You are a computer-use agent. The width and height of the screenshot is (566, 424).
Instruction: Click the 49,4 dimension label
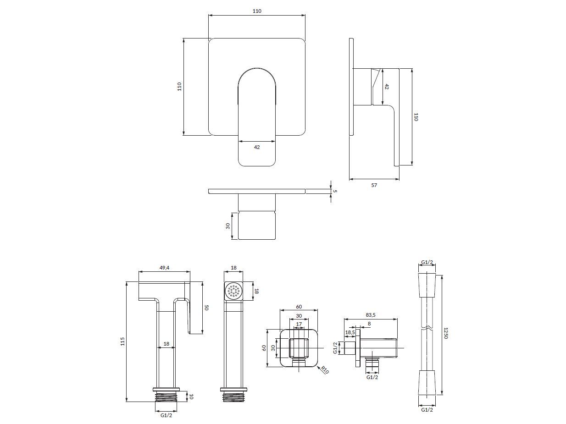click(164, 268)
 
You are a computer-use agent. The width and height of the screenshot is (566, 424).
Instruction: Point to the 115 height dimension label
click(122, 341)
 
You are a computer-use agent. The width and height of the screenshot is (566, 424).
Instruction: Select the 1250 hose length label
click(445, 333)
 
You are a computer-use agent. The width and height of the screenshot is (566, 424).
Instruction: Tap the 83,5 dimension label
click(371, 315)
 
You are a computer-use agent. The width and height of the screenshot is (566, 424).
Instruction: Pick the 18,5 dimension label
click(350, 332)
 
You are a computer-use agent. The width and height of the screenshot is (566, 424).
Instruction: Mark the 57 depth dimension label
click(374, 185)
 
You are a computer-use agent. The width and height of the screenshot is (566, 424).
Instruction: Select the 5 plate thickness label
click(335, 191)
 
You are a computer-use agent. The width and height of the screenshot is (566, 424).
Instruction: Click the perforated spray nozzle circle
click(233, 291)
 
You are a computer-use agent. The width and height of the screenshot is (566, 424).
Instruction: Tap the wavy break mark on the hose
click(427, 328)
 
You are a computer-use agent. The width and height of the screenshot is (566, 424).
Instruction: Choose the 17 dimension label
click(299, 324)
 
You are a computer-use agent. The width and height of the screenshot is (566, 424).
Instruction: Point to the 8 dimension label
click(369, 324)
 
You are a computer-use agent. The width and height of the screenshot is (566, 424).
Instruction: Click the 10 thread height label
click(191, 396)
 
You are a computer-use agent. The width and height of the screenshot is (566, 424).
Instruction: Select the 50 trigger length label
click(206, 308)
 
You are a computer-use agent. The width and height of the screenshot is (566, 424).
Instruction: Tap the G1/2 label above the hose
click(427, 262)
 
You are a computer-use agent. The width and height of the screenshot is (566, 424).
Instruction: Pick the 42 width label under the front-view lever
click(257, 147)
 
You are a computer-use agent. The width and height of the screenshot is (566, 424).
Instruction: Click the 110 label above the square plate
click(257, 11)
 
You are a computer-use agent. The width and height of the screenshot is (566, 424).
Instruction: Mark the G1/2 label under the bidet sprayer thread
click(166, 415)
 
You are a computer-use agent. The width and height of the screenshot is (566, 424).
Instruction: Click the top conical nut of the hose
click(427, 286)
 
